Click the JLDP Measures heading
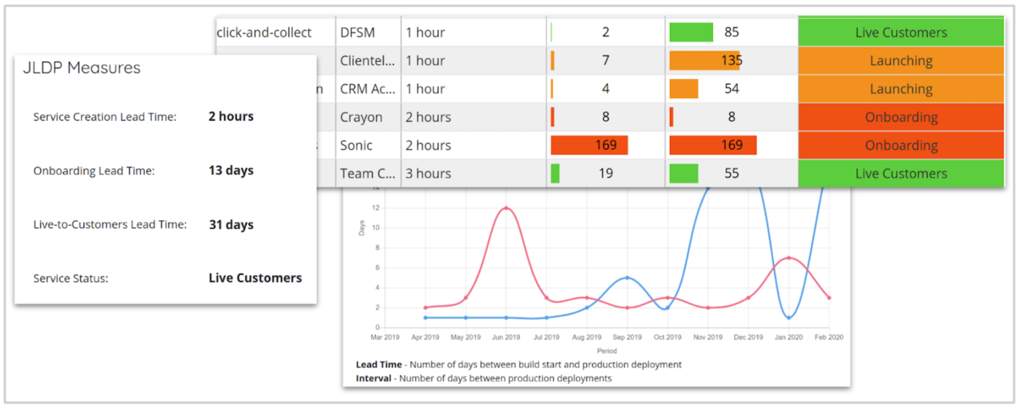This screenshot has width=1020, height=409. click(x=82, y=68)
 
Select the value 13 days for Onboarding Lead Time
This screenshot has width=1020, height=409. click(x=231, y=171)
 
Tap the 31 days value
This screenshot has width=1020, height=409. click(x=231, y=225)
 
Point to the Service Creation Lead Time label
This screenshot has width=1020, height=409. click(x=105, y=117)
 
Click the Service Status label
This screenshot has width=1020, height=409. click(x=71, y=279)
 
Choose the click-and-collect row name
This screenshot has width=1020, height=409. click(x=265, y=33)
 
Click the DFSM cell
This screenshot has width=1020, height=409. click(x=358, y=33)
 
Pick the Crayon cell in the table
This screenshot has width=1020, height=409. click(x=361, y=118)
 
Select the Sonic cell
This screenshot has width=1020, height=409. click(x=356, y=145)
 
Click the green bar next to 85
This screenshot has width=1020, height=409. click(x=691, y=33)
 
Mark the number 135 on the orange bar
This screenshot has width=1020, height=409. click(x=732, y=60)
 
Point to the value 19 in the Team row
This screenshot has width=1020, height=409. click(x=605, y=174)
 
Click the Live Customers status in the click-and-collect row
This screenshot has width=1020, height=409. click(x=901, y=33)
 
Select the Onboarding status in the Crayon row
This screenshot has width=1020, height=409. click(x=901, y=118)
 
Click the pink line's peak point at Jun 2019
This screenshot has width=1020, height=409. click(x=505, y=208)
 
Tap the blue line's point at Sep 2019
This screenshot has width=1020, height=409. click(x=627, y=277)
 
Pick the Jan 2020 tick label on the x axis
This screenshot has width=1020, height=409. click(x=789, y=337)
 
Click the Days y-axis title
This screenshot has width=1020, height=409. click(x=362, y=228)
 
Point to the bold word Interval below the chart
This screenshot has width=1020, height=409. click(x=373, y=378)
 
